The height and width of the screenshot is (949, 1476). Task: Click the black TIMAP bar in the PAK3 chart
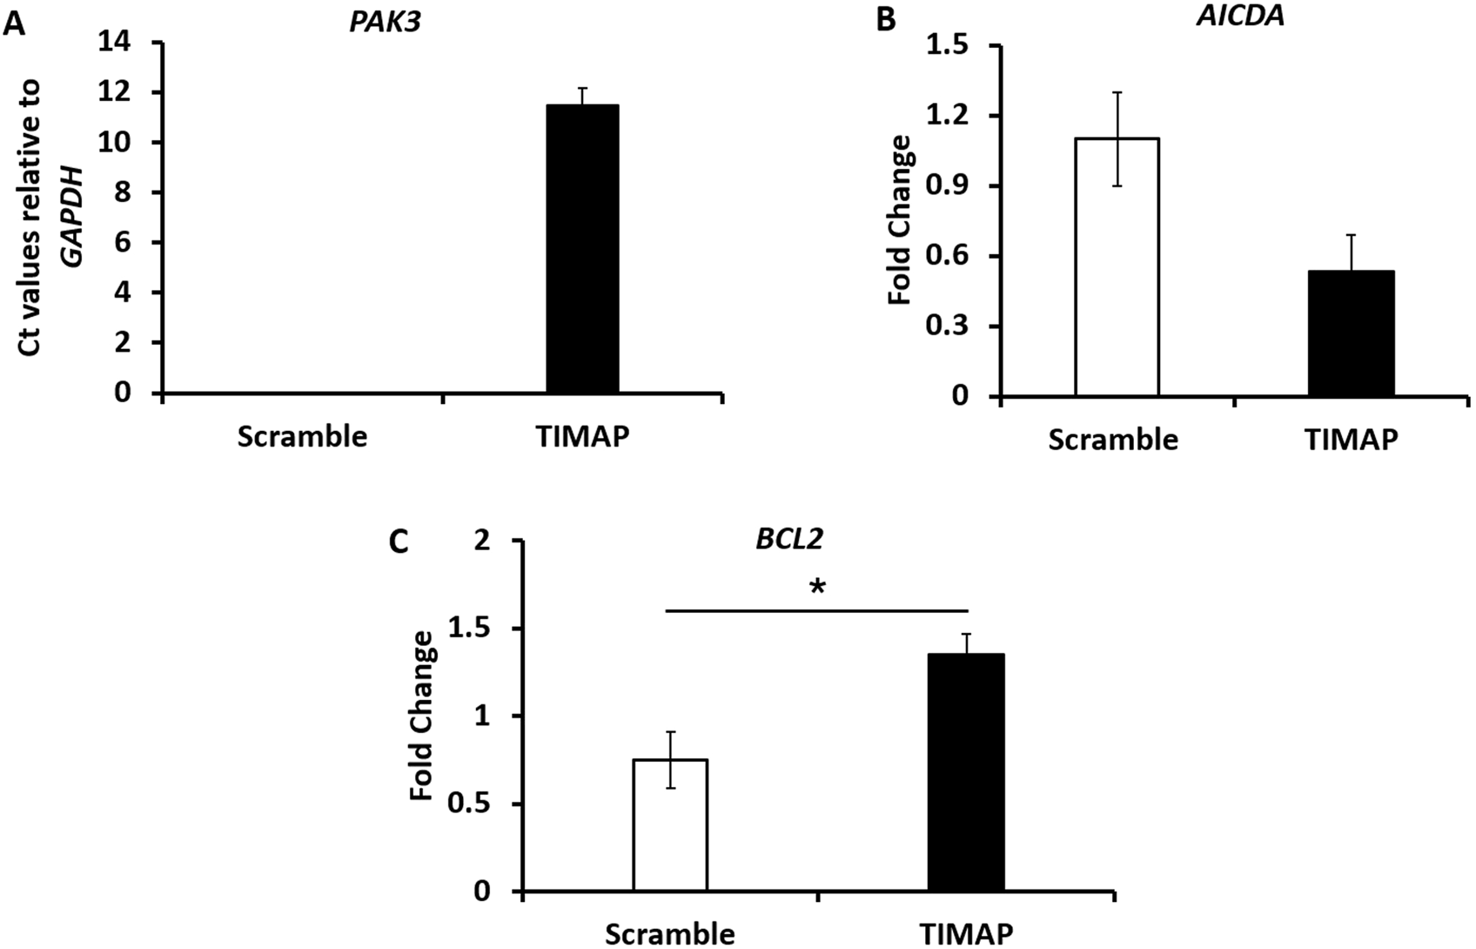pos(582,249)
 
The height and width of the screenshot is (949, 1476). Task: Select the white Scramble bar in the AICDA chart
pos(1117,267)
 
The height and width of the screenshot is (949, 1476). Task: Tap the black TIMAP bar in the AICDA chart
pos(1352,333)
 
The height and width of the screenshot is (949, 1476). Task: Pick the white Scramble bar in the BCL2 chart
pos(670,825)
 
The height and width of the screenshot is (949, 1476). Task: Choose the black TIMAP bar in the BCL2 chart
pos(966,772)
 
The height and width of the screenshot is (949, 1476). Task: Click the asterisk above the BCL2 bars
pos(816,589)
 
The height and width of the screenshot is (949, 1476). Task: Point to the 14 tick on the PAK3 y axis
pos(124,42)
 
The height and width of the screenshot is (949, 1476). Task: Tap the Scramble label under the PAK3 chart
pos(302,435)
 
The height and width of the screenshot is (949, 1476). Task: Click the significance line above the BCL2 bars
pos(816,610)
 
